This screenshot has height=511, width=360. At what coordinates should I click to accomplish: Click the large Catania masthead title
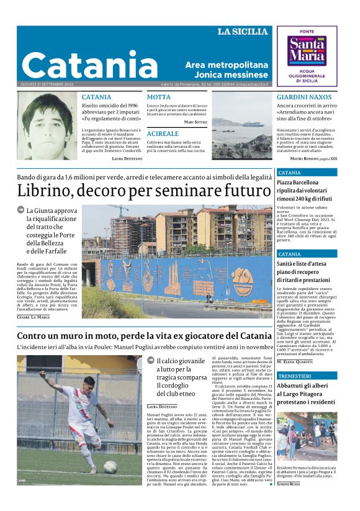coord(81,64)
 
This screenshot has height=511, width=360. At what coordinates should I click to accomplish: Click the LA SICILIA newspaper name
coord(244,32)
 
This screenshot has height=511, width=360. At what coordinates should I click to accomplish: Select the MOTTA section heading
coord(158,97)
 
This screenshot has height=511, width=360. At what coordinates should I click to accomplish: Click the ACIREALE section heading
coord(163,133)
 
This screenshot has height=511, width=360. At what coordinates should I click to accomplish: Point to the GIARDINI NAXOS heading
coord(304,97)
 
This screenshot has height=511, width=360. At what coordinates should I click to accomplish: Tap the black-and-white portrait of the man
coord(47,125)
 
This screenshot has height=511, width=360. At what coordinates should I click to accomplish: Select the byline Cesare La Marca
coord(33,317)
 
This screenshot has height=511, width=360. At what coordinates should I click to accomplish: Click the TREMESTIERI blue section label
coord(295,376)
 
